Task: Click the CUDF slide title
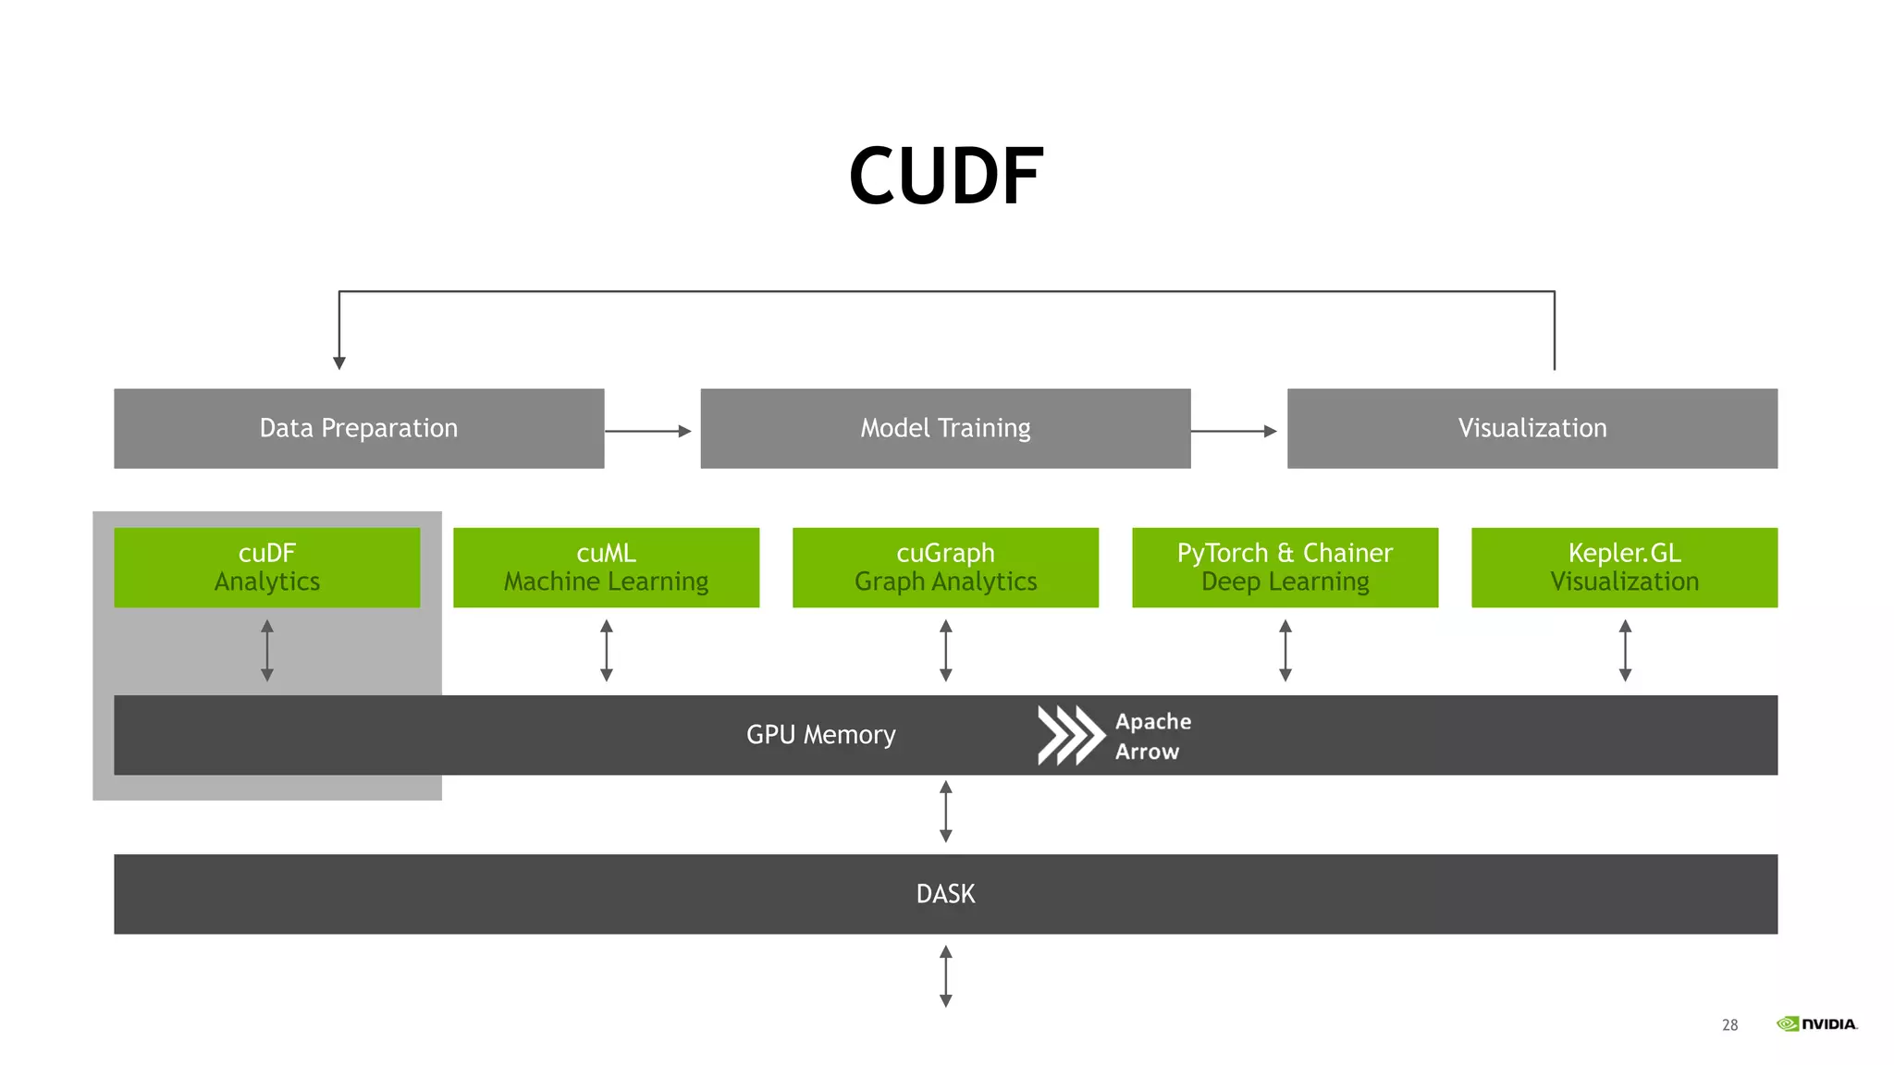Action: click(x=945, y=176)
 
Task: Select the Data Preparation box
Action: click(x=359, y=428)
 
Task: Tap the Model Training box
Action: click(x=945, y=428)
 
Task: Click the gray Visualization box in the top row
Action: click(x=1531, y=428)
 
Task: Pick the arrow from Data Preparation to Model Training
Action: click(x=648, y=431)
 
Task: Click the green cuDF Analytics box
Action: click(x=266, y=567)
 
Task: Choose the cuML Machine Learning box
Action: click(x=606, y=567)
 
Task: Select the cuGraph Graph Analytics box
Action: click(x=945, y=567)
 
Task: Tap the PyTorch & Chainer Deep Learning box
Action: click(x=1285, y=567)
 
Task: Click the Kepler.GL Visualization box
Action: click(x=1624, y=567)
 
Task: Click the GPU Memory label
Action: click(x=820, y=735)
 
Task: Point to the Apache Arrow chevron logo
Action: click(x=1070, y=735)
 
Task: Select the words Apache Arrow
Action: click(x=1152, y=736)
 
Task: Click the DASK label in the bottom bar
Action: click(x=945, y=894)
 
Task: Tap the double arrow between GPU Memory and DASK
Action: click(x=945, y=812)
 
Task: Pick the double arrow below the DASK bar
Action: click(x=945, y=975)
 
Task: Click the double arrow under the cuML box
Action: click(x=606, y=651)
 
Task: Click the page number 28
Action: click(x=1729, y=1024)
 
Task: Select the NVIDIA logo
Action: click(x=1816, y=1023)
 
